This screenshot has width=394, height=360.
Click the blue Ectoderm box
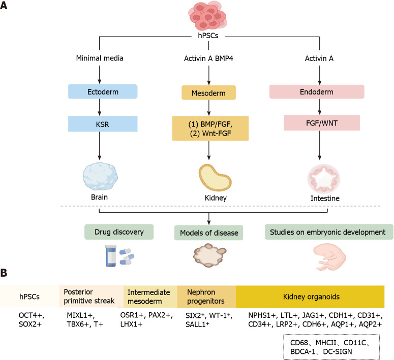coord(103,91)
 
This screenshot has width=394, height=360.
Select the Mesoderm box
coord(208,93)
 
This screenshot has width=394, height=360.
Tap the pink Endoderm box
coord(317,91)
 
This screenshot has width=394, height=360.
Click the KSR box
coord(103,124)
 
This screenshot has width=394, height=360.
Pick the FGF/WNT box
coord(322,123)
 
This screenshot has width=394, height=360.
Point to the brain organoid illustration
coord(100,176)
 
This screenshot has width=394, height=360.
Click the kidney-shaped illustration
coord(215,178)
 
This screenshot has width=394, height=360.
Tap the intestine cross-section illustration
coord(324,179)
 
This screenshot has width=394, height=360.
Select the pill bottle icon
coord(110,255)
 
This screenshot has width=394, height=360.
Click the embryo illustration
coord(329,257)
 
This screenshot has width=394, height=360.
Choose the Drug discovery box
coord(119,232)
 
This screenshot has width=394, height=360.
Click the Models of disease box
coord(208,233)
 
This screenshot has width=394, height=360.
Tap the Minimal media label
coord(100,58)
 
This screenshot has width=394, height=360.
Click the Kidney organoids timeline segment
coord(310,297)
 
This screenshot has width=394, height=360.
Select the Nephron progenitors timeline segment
coord(206,297)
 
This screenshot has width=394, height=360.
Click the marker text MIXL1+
coord(81,315)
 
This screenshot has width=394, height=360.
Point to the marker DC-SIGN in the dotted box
coord(338,351)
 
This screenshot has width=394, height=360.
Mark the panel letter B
coord(4,273)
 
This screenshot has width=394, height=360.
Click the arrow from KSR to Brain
coord(100,146)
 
